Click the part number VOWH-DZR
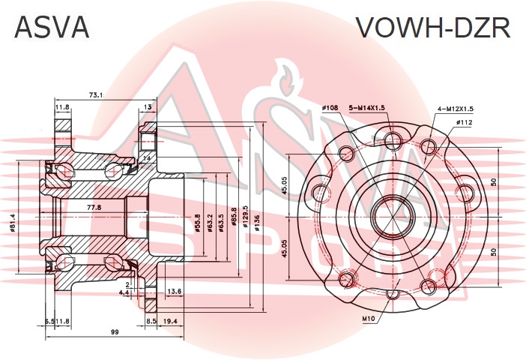[432, 28]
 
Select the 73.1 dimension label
[96, 95]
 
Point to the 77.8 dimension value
[94, 207]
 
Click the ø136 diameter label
[258, 223]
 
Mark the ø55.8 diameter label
[198, 225]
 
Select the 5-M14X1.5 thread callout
[366, 108]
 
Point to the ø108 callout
[330, 108]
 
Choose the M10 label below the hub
[369, 319]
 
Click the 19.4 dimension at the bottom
[170, 321]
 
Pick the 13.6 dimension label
[173, 291]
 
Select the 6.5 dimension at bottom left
[49, 321]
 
